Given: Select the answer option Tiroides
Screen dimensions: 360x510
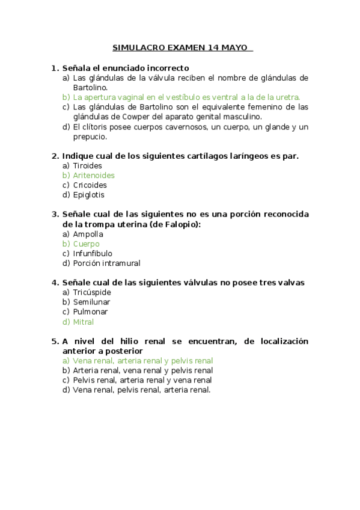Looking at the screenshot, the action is (x=87, y=165).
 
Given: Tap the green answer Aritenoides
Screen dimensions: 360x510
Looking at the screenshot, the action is (x=93, y=175).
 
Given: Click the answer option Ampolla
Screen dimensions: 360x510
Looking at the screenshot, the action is (x=88, y=234).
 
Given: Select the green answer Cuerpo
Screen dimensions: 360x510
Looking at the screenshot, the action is (x=86, y=244).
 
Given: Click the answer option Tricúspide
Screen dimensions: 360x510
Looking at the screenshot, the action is (x=91, y=292).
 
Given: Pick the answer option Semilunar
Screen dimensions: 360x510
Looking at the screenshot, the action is (x=91, y=302).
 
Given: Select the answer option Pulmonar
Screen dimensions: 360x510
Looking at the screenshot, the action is (x=90, y=312).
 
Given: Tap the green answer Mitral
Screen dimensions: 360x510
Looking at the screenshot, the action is (x=83, y=321).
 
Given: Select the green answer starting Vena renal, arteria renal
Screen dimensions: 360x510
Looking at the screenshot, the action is (x=142, y=361).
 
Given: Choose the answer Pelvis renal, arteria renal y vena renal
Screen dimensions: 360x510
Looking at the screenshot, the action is (x=142, y=380).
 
